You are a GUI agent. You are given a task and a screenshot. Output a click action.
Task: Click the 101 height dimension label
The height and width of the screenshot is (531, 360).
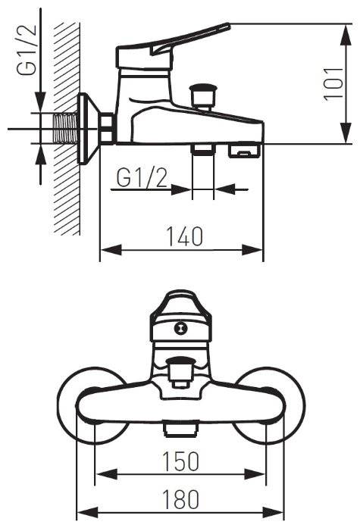332,84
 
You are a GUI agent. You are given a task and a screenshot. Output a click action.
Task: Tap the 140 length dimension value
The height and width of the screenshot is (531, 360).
182,236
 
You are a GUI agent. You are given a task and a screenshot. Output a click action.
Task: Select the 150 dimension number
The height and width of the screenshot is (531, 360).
180,460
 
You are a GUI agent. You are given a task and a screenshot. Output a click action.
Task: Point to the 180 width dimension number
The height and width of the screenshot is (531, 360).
180,499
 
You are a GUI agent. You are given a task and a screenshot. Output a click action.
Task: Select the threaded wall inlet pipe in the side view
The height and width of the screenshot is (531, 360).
67,129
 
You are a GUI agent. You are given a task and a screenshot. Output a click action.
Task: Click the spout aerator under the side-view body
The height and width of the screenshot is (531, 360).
243,151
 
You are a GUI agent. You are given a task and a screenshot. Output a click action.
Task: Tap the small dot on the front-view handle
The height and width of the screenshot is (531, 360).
180,328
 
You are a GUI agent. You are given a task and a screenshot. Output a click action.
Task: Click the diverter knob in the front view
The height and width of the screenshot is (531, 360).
180,370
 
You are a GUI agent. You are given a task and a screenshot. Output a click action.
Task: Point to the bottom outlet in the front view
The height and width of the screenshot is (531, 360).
180,429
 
